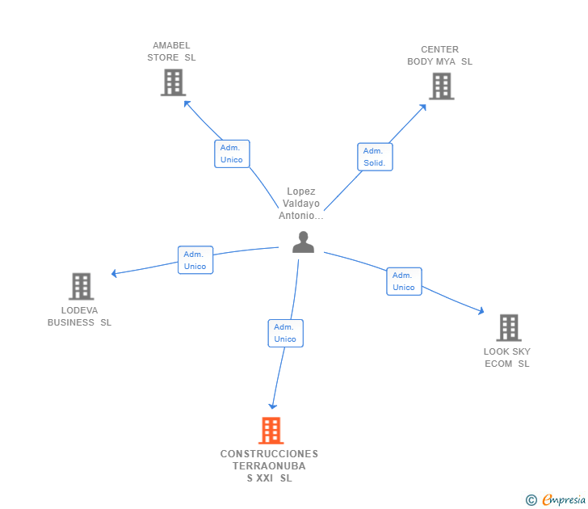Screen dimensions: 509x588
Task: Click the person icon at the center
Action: pos(303,242)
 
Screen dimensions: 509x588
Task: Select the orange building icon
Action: pos(271,431)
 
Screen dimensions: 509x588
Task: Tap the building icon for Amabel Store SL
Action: pos(173,82)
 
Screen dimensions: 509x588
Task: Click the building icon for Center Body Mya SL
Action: pos(441,86)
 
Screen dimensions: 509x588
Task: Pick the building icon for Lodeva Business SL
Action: pos(81,286)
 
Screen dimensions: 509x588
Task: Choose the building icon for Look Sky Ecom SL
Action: pos(508,327)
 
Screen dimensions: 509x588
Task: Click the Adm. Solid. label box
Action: pos(375,157)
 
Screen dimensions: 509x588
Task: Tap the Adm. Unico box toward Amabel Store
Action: pos(232,154)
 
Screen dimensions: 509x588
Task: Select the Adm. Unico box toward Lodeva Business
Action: pos(195,260)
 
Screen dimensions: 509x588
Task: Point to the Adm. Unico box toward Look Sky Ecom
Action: pos(404,281)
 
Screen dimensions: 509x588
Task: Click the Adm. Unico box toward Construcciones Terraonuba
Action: pos(285,333)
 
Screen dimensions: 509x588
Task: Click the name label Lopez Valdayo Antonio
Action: pos(301,204)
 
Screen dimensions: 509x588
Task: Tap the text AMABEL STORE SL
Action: pos(171,52)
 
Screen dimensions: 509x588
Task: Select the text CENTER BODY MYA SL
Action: pos(439,56)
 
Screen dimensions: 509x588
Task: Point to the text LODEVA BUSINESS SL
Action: pos(79,316)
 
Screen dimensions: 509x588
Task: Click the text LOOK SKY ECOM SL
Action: pos(507,357)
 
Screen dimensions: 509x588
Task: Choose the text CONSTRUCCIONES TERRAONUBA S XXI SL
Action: pos(270,466)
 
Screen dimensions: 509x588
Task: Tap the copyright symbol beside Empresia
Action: pos(531,500)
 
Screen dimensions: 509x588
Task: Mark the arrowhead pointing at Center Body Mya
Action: pos(423,106)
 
